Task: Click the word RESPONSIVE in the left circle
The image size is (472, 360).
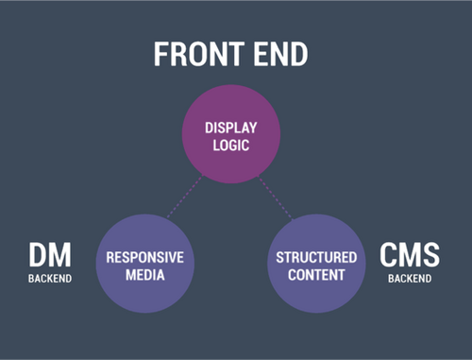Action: pyautogui.click(x=144, y=258)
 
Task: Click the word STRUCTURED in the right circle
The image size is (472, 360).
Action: pyautogui.click(x=316, y=258)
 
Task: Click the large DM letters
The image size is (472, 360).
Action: pyautogui.click(x=49, y=257)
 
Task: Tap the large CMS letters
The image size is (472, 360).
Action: pyautogui.click(x=410, y=256)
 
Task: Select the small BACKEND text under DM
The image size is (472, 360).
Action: pyautogui.click(x=49, y=280)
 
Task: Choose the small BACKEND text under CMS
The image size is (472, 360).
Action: pyautogui.click(x=410, y=279)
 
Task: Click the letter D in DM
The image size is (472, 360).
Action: pyautogui.click(x=38, y=257)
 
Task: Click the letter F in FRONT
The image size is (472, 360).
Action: pyautogui.click(x=161, y=54)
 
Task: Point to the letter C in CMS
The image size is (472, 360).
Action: pyautogui.click(x=388, y=256)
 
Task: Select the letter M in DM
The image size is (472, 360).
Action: pyautogui.click(x=60, y=257)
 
